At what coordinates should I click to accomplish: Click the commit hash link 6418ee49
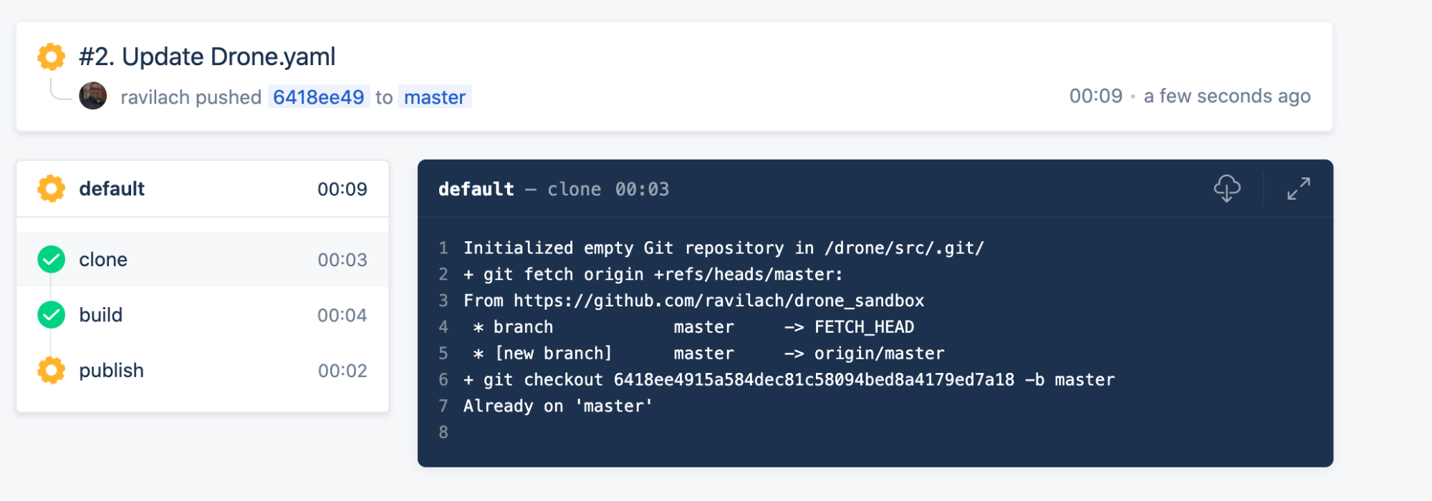tap(319, 97)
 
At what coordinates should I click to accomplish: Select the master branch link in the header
tap(434, 97)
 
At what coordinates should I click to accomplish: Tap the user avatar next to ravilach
tap(93, 96)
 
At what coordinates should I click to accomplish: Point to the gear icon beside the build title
tap(51, 57)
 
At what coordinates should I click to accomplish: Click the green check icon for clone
tap(52, 259)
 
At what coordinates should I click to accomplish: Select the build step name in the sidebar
tap(101, 315)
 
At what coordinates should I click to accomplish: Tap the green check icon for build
tap(52, 315)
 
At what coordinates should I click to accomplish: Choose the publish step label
tap(111, 370)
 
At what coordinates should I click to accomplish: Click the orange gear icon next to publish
tap(52, 370)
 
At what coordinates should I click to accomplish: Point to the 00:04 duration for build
tap(342, 315)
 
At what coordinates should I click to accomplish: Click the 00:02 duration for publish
tap(342, 371)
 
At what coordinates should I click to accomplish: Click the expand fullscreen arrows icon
tap(1298, 189)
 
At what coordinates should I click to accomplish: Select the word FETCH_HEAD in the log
tap(864, 327)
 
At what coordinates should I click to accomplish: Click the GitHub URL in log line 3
tap(719, 301)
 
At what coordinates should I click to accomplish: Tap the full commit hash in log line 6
tap(814, 380)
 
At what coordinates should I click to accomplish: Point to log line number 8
tap(443, 432)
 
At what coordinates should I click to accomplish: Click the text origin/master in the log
tap(879, 354)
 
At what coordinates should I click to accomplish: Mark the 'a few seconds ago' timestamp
tap(1226, 96)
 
